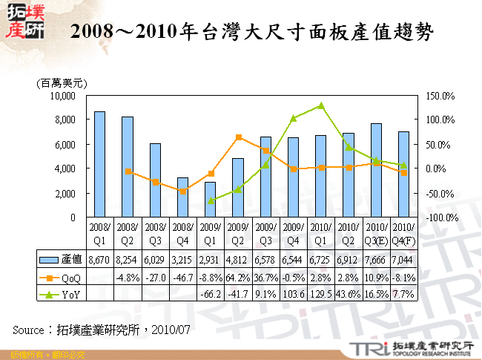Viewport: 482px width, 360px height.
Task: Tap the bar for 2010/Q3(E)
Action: (377, 171)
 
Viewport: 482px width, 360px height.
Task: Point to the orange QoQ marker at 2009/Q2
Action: (238, 137)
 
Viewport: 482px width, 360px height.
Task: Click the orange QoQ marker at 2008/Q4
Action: (183, 191)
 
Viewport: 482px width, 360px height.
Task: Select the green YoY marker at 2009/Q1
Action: (211, 200)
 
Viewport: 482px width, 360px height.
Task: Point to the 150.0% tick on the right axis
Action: (440, 96)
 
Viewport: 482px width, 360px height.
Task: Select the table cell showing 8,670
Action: (99, 259)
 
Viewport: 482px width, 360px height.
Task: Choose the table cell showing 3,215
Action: (182, 259)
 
